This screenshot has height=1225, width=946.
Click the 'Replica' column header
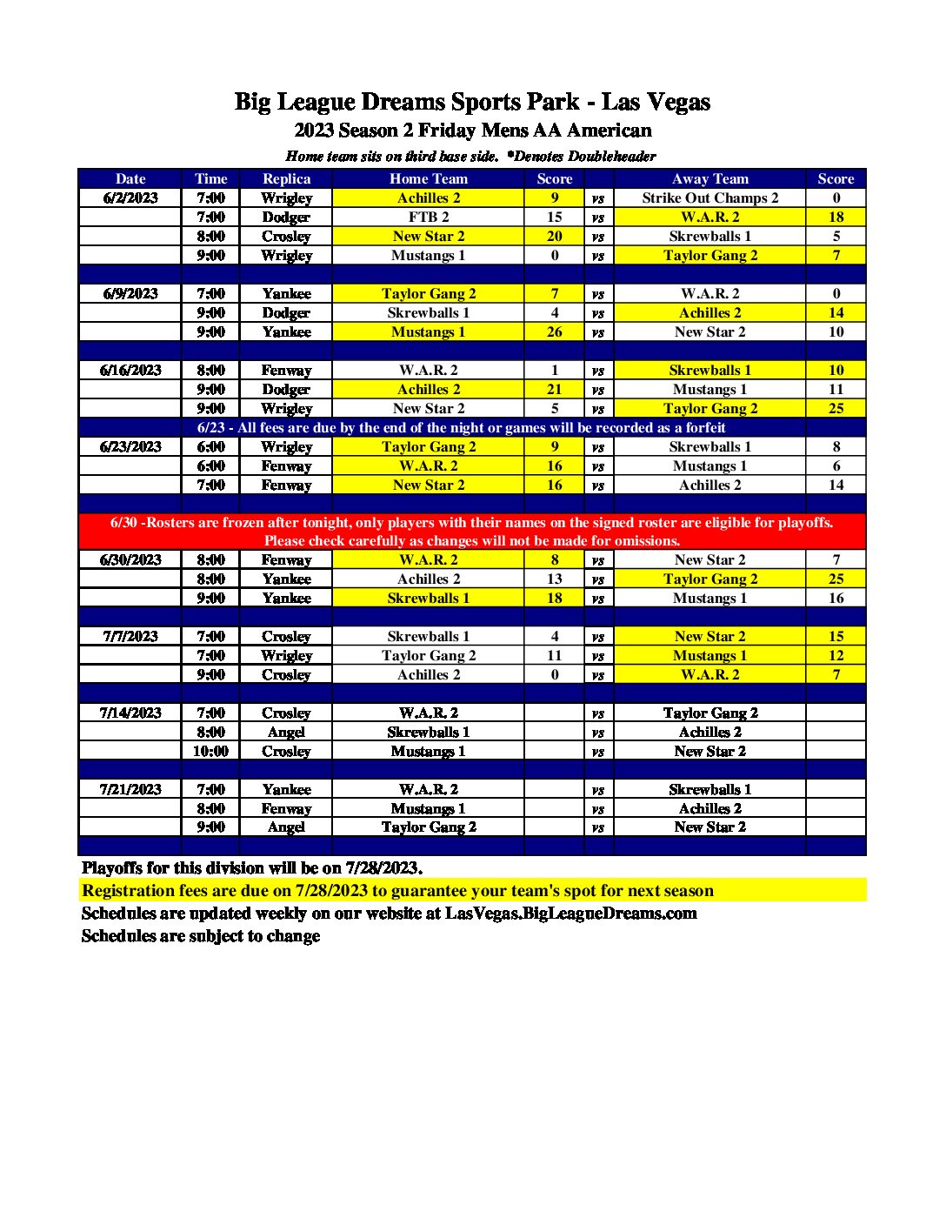286,178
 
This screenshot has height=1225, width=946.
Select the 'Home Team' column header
428,178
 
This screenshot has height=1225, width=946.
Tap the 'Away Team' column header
709,178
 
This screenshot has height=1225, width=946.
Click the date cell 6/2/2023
130,197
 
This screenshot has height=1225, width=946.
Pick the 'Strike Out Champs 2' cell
709,197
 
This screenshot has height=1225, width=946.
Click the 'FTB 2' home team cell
428,217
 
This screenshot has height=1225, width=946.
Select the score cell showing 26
555,331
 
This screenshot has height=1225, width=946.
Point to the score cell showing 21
555,389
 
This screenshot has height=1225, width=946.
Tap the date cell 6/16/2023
130,370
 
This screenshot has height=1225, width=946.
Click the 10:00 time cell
210,751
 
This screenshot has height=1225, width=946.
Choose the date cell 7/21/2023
130,789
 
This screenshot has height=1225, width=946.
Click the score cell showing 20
555,236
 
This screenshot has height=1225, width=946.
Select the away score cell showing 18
836,217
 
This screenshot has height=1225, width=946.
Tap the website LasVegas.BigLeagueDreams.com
570,913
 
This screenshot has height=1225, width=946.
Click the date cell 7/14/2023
130,713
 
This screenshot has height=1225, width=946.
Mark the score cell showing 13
555,579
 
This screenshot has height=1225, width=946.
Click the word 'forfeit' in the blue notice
704,427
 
